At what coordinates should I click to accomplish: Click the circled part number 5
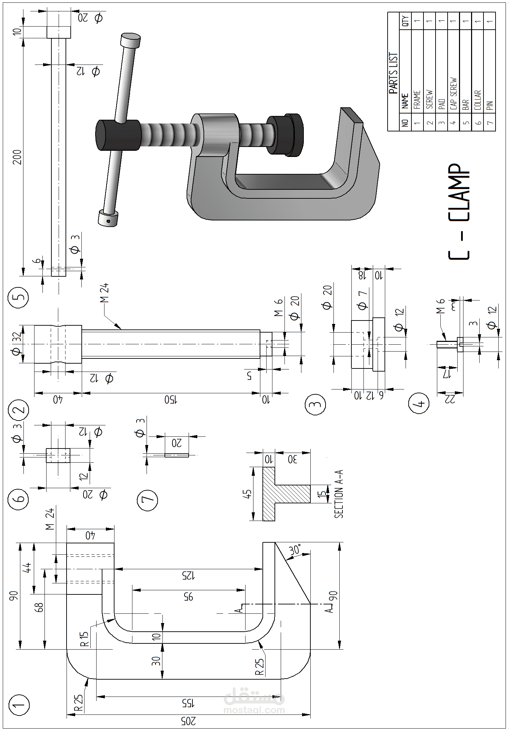pos(18,297)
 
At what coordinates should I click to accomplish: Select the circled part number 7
pos(147,501)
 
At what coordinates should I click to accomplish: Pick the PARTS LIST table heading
pos(393,73)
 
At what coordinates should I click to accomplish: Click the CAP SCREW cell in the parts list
pos(453,93)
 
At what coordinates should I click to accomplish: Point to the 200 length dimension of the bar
pos(17,157)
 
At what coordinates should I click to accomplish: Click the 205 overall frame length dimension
pos(188,721)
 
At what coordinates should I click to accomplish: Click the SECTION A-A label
pos(339,494)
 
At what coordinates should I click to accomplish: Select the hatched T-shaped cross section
pos(276,494)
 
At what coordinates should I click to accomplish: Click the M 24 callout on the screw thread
pos(104,293)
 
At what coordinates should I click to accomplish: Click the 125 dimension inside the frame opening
pos(188,575)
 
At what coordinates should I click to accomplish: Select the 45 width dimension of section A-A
pos(247,494)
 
